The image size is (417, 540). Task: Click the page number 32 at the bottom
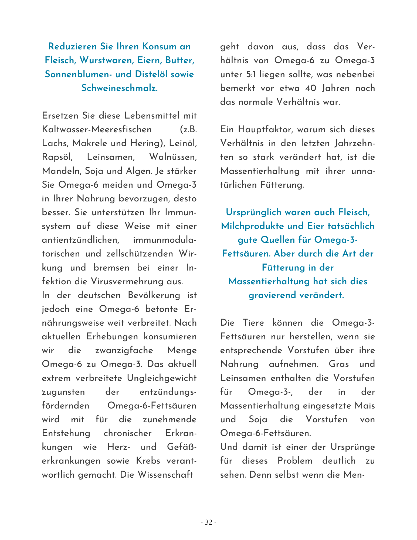[x=208, y=522]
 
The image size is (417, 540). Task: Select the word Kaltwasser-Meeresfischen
[x=97, y=129]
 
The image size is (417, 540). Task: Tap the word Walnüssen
[x=173, y=157]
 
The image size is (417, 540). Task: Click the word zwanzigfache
[x=124, y=350]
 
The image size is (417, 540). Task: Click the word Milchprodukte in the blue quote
[x=252, y=226]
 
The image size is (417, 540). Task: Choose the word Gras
[x=339, y=364]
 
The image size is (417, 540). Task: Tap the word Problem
[x=295, y=461]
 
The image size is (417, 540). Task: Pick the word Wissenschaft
[x=165, y=474]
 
